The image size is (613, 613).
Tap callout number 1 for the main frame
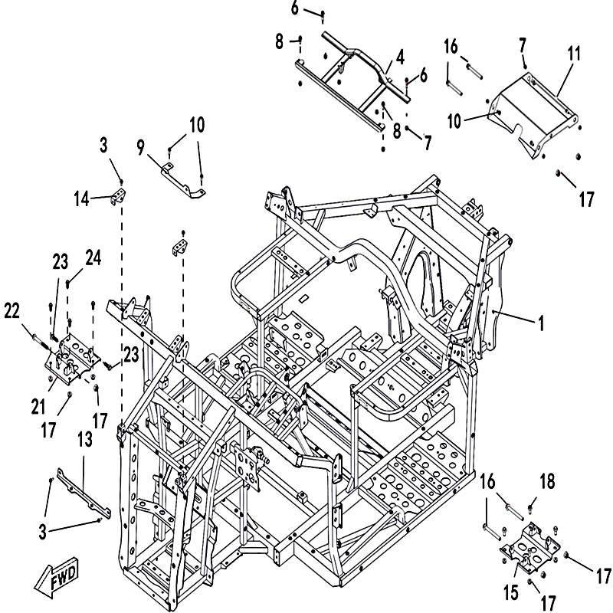coord(542,324)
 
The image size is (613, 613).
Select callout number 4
coord(400,58)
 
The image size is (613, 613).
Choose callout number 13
coord(85,439)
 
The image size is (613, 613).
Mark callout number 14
coord(81,199)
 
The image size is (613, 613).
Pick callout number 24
coord(93,260)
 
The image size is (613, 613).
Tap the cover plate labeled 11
coord(536,115)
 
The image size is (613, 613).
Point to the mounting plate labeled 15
coord(529,551)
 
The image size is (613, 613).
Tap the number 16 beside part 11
coord(452,47)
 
